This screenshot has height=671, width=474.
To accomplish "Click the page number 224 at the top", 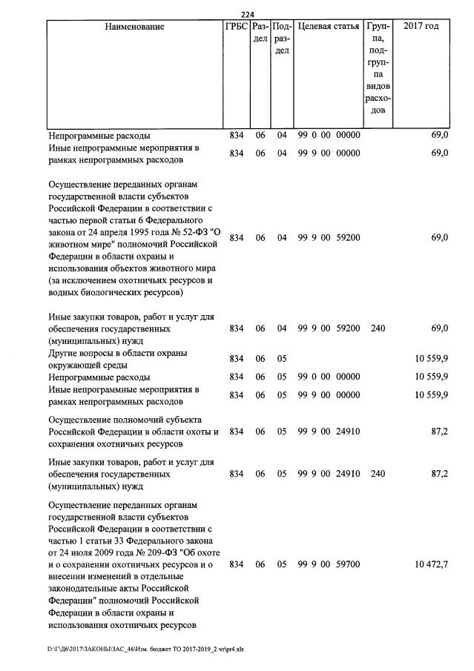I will (x=248, y=14).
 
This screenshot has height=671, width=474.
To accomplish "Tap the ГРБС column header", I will (x=236, y=27).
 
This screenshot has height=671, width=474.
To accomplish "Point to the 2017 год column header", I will (x=421, y=27).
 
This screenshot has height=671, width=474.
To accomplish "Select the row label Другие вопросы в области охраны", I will (x=117, y=352).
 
